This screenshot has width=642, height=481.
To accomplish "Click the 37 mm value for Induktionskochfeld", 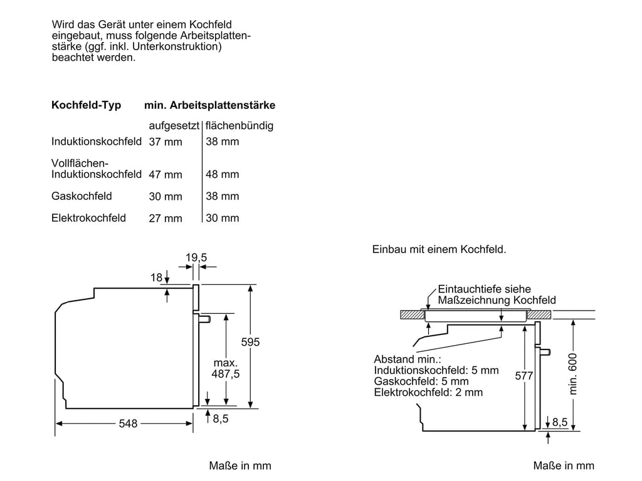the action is click(x=166, y=142).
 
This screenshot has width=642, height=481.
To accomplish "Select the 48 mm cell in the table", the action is click(x=223, y=174).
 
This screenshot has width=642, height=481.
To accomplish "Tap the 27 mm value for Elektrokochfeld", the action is click(x=166, y=219).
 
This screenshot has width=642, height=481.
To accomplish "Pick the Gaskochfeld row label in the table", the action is click(x=82, y=196).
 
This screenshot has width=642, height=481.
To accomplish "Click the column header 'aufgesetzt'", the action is click(x=174, y=125).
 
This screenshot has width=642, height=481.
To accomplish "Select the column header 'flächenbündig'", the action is click(x=239, y=125).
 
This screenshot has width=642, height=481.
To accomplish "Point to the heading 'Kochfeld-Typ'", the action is click(x=87, y=105).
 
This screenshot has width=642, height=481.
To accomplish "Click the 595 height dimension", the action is click(x=250, y=342).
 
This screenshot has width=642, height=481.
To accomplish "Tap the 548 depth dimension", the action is click(x=128, y=423).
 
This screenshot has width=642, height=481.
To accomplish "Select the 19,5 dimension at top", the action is click(x=196, y=257).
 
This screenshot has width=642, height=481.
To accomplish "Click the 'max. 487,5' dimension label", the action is click(x=226, y=368).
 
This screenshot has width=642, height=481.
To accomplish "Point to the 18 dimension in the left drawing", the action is click(x=156, y=277).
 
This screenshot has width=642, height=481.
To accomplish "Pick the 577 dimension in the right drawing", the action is click(x=524, y=376).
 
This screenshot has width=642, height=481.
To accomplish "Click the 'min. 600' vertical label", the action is click(x=573, y=374).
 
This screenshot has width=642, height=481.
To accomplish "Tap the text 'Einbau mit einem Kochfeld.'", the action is click(x=439, y=249).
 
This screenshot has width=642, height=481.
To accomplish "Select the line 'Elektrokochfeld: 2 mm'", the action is click(x=428, y=392).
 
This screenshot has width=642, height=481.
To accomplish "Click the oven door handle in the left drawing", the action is click(x=205, y=319).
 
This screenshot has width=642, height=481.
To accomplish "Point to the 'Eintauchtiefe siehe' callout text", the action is click(x=485, y=289).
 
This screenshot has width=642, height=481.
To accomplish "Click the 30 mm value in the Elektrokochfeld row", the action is click(x=223, y=218).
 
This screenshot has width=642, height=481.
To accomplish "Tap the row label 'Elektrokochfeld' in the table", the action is click(x=88, y=218).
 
